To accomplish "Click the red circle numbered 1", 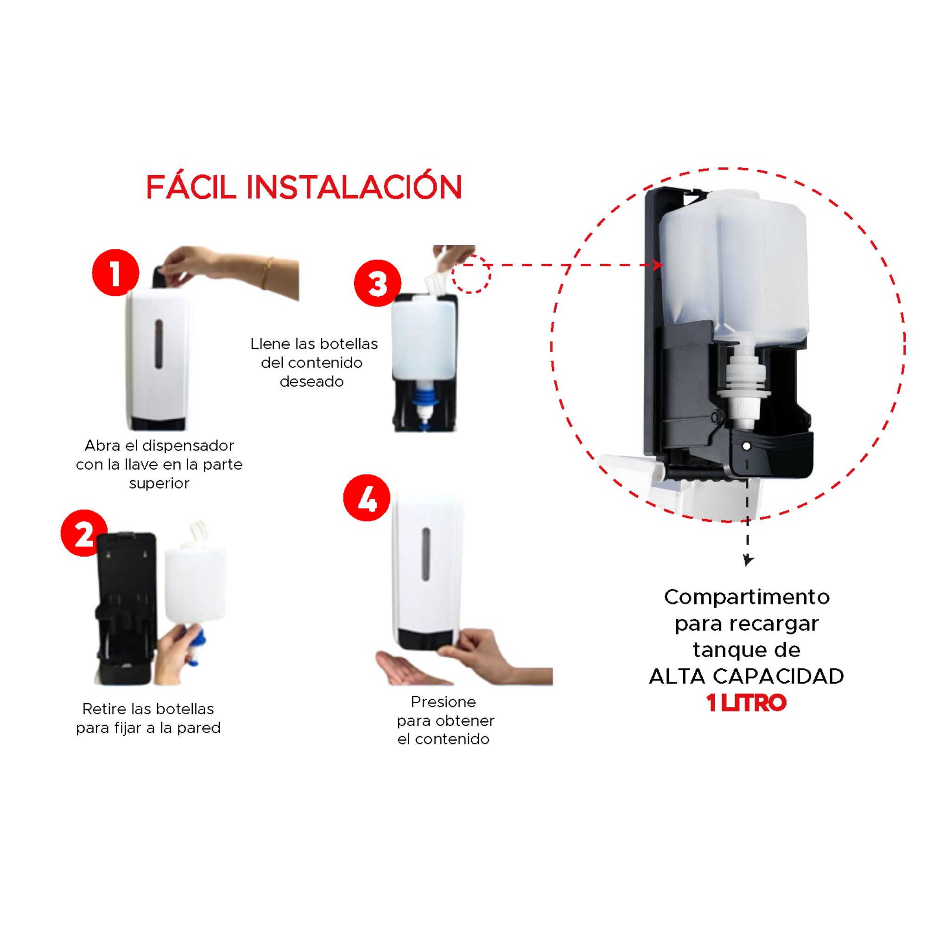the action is point(115,272).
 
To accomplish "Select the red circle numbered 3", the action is point(378,283).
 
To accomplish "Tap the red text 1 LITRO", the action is point(746,703).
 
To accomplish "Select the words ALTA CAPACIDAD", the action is point(747,676).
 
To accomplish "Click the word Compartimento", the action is point(747,597).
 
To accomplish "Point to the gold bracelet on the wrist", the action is point(267,273).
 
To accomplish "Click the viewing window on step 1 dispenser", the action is point(159,344).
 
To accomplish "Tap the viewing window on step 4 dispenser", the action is point(425,554).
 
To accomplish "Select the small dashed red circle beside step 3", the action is point(472,274).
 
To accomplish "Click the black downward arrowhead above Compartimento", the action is point(747,560).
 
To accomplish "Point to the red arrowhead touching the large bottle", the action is point(658,265).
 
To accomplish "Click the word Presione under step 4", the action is point(444,701).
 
